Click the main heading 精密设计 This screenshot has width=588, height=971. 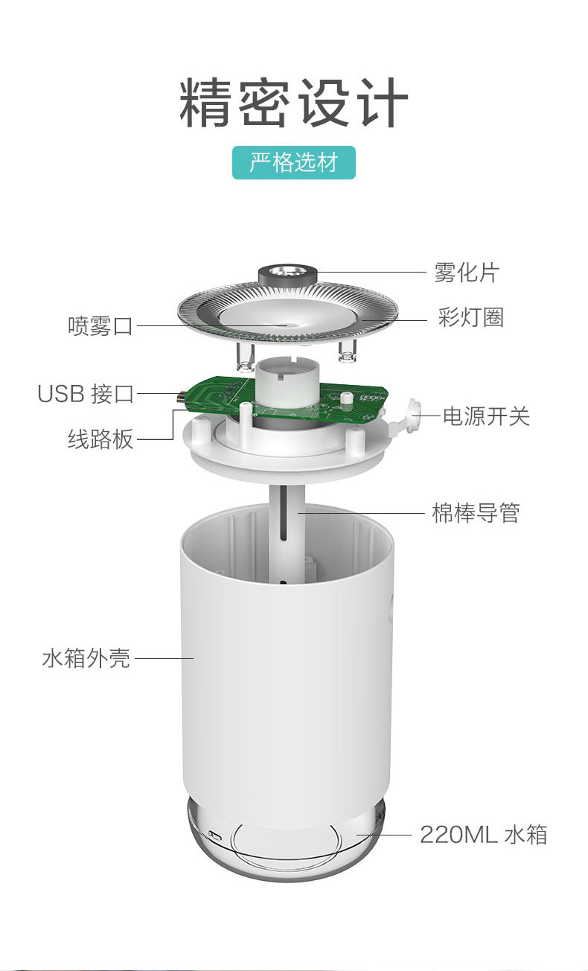pyautogui.click(x=294, y=103)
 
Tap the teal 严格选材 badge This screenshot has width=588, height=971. pyautogui.click(x=294, y=162)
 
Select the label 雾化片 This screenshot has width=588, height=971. pyautogui.click(x=467, y=273)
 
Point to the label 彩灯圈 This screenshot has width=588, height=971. pyautogui.click(x=470, y=317)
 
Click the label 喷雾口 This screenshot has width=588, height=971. pyautogui.click(x=100, y=325)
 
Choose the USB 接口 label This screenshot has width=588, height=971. pyautogui.click(x=86, y=394)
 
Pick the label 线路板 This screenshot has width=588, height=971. pyautogui.click(x=100, y=439)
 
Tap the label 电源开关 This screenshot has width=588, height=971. pyautogui.click(x=486, y=416)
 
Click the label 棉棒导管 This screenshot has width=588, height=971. pyautogui.click(x=476, y=513)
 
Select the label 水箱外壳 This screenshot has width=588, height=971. pyautogui.click(x=86, y=658)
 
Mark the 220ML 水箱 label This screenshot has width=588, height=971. pyautogui.click(x=484, y=835)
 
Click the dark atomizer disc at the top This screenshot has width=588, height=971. pyautogui.click(x=288, y=273)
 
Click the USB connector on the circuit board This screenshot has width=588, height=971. pyautogui.click(x=181, y=396)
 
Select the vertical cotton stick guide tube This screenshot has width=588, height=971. pyautogui.click(x=287, y=534)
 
